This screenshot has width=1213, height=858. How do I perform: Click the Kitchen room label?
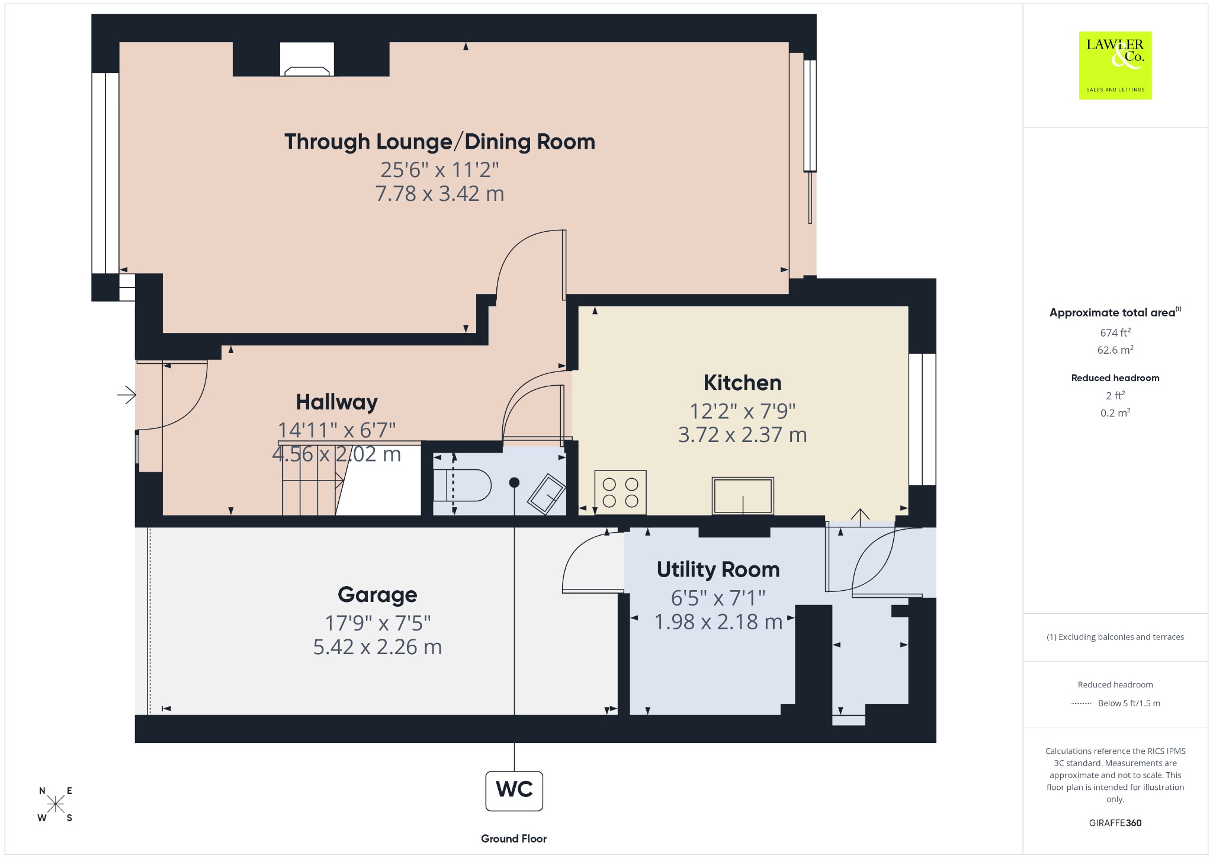click(742, 383)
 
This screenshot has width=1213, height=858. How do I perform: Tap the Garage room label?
click(377, 595)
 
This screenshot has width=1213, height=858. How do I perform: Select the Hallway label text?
click(336, 402)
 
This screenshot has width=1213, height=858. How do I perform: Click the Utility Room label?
click(718, 569)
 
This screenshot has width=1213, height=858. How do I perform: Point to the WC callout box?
click(514, 790)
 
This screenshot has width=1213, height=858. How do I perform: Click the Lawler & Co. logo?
click(1115, 65)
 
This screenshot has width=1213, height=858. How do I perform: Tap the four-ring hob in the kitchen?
click(620, 492)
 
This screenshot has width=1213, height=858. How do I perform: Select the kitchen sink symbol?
click(743, 496)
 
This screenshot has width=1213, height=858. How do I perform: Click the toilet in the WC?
click(462, 486)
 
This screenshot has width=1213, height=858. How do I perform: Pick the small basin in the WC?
click(547, 494)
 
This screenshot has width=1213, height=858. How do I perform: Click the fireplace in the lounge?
click(307, 59)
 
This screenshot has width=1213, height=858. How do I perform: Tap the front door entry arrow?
click(127, 395)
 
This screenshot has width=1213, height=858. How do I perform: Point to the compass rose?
click(56, 804)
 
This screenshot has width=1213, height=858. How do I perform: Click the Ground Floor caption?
click(514, 838)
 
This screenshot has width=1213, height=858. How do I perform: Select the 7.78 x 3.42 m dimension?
click(439, 194)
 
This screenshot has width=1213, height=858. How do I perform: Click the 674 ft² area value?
click(1115, 332)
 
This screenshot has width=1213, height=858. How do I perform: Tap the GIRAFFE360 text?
click(1115, 822)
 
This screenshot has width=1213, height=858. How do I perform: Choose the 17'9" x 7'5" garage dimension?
click(377, 623)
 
